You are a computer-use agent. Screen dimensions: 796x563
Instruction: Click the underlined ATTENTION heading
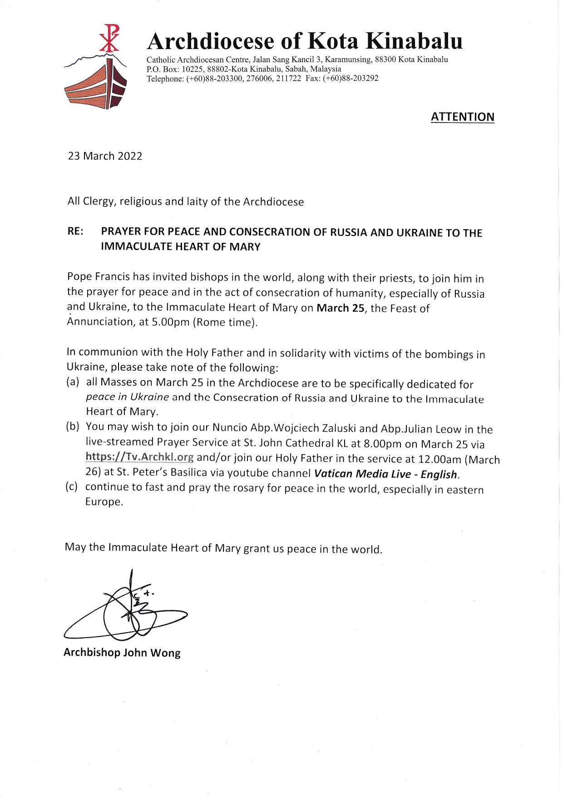[x=462, y=117]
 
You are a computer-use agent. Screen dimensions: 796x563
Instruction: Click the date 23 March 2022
[x=105, y=156]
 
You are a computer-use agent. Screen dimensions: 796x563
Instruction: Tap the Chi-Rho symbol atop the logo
[x=109, y=38]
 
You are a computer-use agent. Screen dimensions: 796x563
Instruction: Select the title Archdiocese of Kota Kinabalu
[x=305, y=41]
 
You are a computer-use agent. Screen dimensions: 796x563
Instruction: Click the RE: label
[x=75, y=231]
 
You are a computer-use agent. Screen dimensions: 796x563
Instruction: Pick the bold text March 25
[x=341, y=308]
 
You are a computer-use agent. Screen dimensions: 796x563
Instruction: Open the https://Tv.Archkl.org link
[x=139, y=457]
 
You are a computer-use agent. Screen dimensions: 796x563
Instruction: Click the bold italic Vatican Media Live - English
[x=385, y=474]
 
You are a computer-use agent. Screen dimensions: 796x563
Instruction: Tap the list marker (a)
[x=73, y=382]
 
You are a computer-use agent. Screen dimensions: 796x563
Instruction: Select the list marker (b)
[x=73, y=426]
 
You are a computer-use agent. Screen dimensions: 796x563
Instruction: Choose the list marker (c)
[x=72, y=487]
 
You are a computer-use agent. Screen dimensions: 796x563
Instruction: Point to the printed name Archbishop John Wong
[x=122, y=653]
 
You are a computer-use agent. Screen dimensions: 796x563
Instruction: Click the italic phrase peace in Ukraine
[x=127, y=397]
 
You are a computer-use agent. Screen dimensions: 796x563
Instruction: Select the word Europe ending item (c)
[x=104, y=502]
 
